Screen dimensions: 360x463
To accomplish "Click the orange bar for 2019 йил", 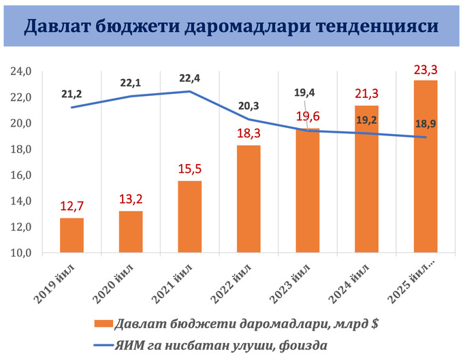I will pyautogui.click(x=71, y=235).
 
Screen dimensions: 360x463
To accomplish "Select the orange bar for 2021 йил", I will pyautogui.click(x=190, y=216).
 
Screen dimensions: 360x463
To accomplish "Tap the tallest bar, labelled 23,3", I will pyautogui.click(x=426, y=166).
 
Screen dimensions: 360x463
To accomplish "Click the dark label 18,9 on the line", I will pyautogui.click(x=426, y=123).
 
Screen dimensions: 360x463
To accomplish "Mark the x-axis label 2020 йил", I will pyautogui.click(x=118, y=280).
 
